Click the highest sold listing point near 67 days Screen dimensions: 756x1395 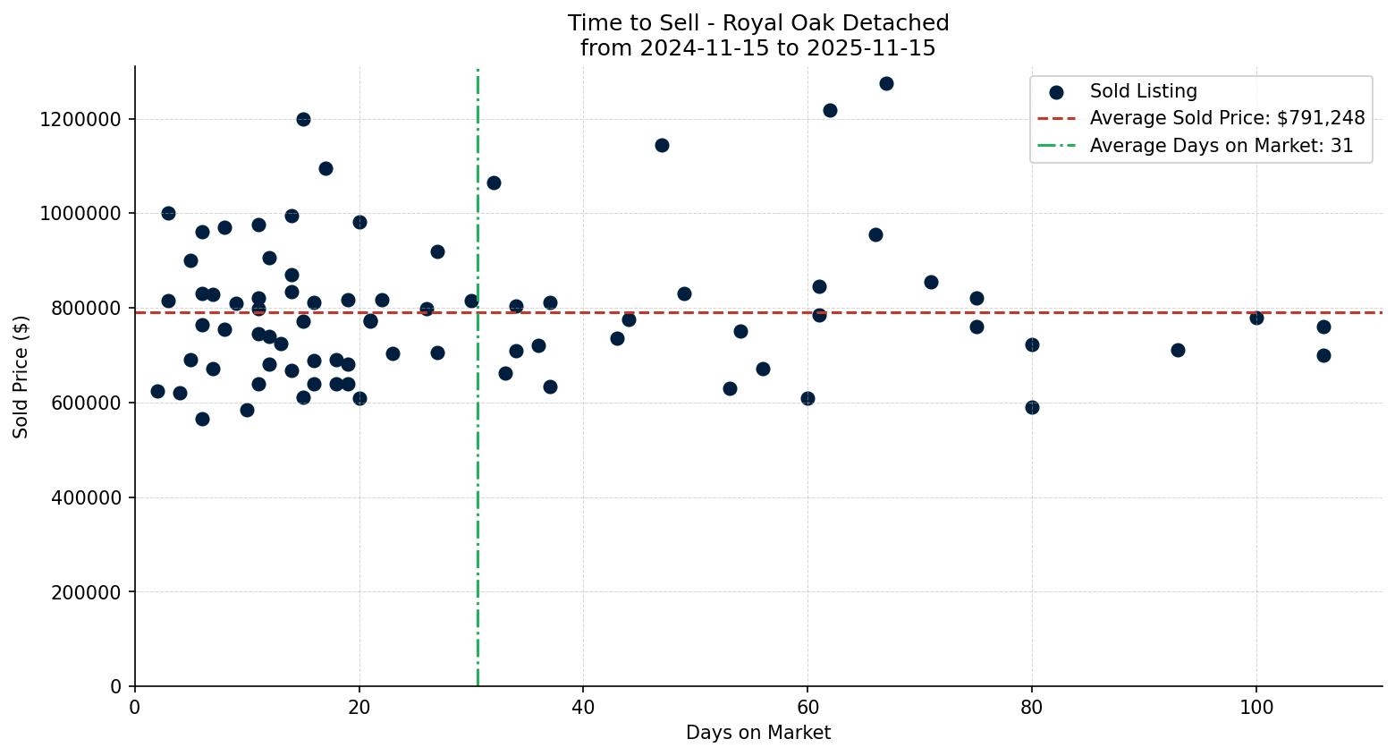point(886,83)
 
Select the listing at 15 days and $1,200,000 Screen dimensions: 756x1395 point(303,119)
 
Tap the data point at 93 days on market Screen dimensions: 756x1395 point(1178,350)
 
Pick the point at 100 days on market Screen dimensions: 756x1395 point(1256,318)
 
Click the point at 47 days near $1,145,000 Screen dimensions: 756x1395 point(662,145)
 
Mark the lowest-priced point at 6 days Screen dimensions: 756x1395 point(202,419)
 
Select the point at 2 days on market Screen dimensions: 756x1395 point(157,391)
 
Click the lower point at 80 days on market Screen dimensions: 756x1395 point(1032,407)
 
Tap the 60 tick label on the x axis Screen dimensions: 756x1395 point(807,707)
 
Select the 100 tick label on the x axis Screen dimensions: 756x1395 point(1255,707)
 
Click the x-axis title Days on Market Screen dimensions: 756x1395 point(757,733)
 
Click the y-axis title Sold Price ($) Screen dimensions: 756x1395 point(21,377)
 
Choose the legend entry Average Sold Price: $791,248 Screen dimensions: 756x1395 point(1227,118)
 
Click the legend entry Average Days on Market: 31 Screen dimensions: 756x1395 point(1221,146)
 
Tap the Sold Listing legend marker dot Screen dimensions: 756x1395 point(1056,91)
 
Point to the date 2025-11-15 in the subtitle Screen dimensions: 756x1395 point(871,48)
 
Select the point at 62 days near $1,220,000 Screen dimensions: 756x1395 point(830,110)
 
